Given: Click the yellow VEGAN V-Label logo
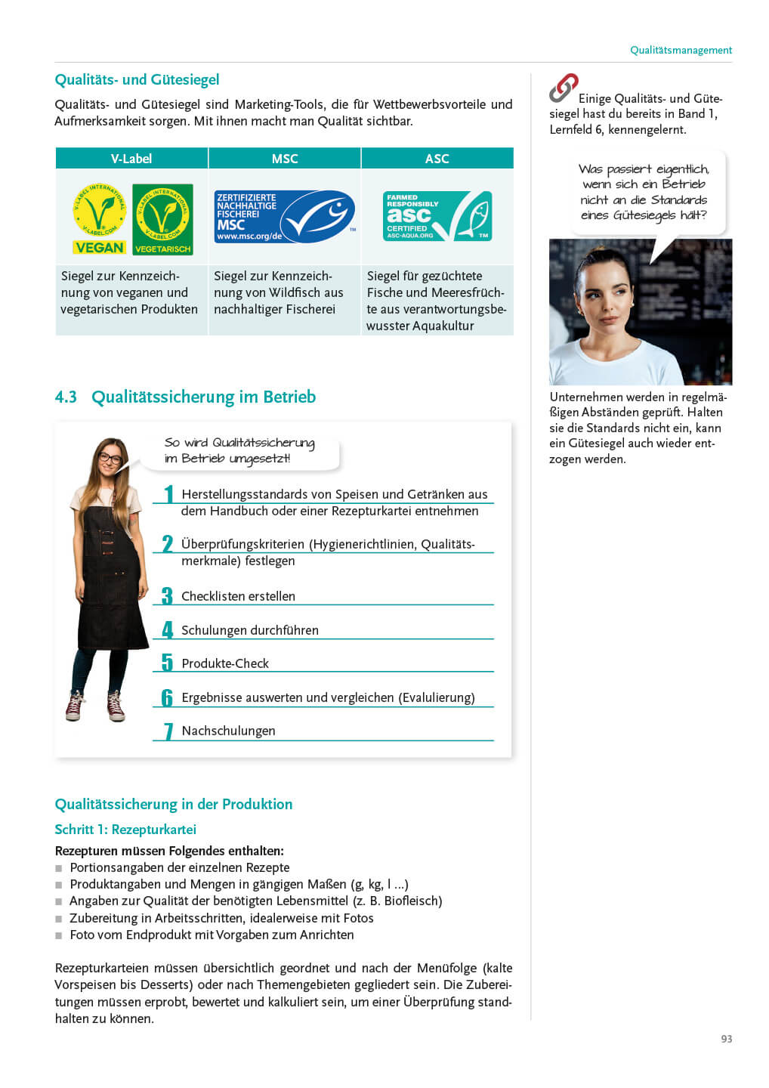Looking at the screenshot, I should click(99, 218).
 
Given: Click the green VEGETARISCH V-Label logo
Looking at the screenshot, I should click(162, 218).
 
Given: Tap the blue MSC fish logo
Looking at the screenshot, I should click(284, 216).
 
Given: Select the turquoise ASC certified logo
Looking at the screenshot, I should click(437, 216).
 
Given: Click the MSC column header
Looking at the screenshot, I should click(285, 159).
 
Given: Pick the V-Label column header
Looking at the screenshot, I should click(131, 159).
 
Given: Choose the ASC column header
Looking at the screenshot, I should click(437, 159).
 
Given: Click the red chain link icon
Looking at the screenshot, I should click(563, 88).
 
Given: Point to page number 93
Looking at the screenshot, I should click(726, 1039).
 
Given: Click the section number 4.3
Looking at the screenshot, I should click(66, 397).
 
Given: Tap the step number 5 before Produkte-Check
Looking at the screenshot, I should click(167, 663).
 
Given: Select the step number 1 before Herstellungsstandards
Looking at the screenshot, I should click(168, 494).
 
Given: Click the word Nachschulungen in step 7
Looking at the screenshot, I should click(228, 731).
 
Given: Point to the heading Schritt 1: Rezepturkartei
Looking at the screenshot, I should click(125, 830).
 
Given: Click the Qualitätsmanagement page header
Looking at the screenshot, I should click(681, 50).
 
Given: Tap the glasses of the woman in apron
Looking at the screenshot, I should click(110, 458).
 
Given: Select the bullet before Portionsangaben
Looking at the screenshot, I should click(59, 868).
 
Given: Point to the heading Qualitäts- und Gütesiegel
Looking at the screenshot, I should click(137, 80).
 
